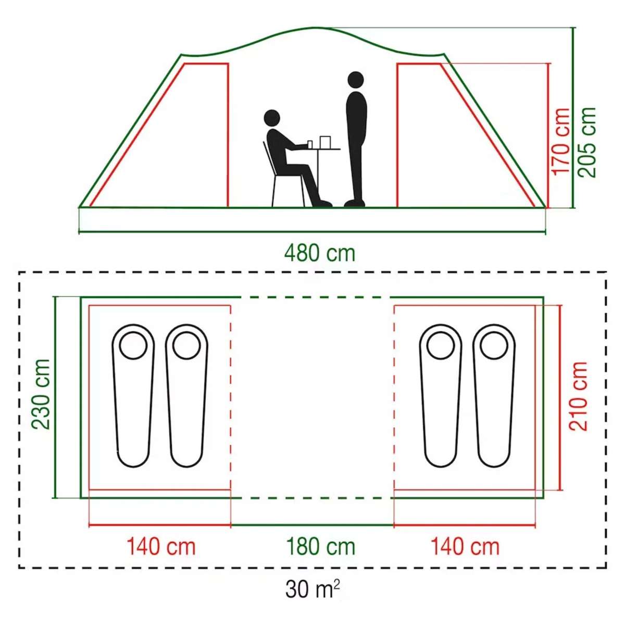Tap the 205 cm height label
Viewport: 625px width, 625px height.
(587, 142)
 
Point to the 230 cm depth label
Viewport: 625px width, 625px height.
(41, 394)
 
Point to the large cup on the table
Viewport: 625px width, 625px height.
(326, 142)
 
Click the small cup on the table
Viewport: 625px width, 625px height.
(310, 144)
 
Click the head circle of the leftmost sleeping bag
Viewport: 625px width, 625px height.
(133, 345)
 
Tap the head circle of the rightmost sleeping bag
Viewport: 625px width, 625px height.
(494, 345)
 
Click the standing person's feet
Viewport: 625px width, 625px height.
(355, 203)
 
